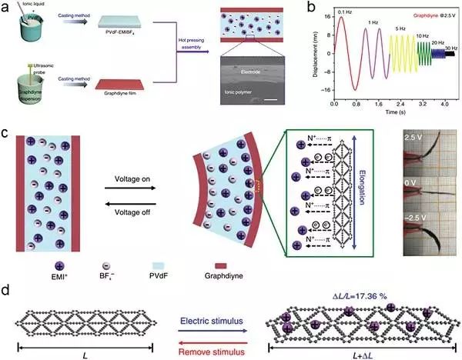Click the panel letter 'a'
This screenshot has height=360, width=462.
tap(6, 8)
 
